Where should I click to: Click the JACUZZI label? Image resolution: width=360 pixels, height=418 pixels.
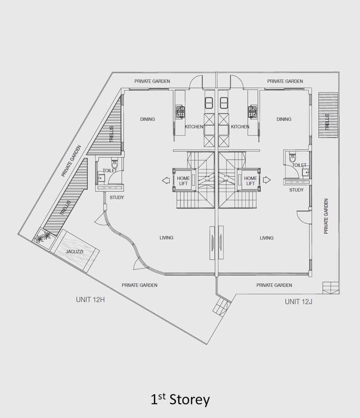[x=74, y=252]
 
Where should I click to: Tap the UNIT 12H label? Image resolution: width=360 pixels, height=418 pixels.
[x=90, y=299]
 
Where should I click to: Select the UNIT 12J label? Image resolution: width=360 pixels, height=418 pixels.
[x=298, y=301]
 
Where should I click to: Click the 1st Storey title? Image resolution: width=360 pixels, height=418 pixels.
[x=180, y=399]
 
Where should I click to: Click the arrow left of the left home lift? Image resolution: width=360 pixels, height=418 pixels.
[x=166, y=181]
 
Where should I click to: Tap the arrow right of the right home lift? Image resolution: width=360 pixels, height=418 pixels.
[x=267, y=180]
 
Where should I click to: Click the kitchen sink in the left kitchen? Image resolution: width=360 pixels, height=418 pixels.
[x=209, y=103]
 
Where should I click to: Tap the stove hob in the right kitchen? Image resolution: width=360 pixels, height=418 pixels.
[x=252, y=111]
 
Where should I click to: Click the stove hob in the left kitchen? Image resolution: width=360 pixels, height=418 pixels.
[x=180, y=111]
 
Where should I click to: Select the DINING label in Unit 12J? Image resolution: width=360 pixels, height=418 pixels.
[x=284, y=119]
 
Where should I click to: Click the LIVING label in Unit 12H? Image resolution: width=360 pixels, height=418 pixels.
[x=166, y=237]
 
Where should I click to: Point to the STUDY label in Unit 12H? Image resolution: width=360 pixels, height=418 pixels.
[x=117, y=197]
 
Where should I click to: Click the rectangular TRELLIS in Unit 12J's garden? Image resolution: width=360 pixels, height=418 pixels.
[x=328, y=115]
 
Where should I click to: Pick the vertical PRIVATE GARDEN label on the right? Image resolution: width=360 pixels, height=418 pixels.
[x=326, y=216]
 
